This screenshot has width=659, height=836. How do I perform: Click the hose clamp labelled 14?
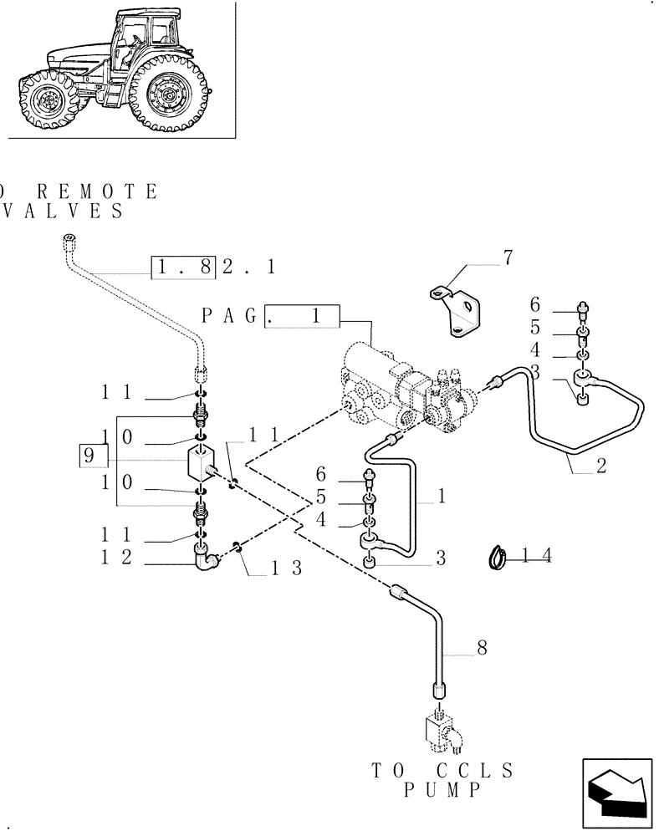[x=498, y=556]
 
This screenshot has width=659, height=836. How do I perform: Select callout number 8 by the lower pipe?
[x=481, y=646]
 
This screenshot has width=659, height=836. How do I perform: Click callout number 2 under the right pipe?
[x=600, y=466]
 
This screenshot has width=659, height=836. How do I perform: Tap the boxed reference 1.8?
[x=184, y=267]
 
